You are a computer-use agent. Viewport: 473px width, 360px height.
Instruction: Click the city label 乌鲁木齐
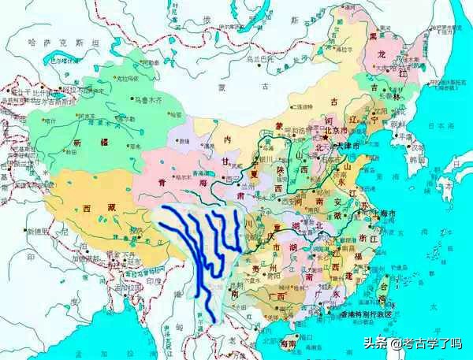144,100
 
